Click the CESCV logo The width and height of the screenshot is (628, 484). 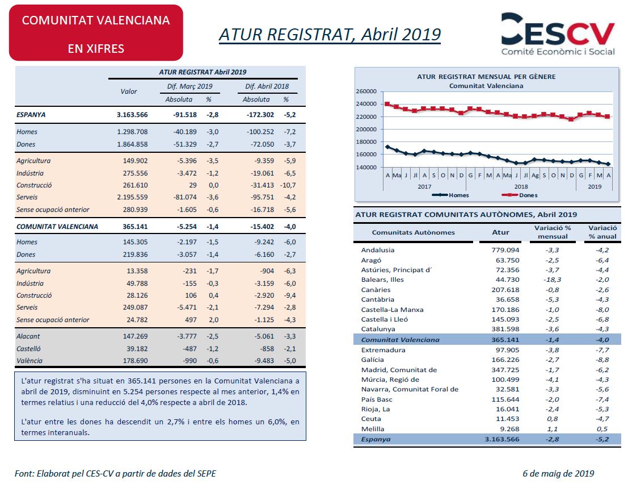[x=558, y=34]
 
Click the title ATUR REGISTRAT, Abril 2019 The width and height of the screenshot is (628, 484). [x=330, y=35]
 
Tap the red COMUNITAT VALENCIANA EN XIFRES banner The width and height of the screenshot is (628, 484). [x=96, y=33]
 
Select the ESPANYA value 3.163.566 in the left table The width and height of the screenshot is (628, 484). [x=132, y=115]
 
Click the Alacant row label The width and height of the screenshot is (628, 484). [x=28, y=336]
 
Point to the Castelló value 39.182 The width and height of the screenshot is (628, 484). [x=137, y=349]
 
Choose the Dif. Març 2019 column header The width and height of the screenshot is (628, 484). [x=189, y=86]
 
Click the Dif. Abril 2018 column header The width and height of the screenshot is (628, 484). [x=267, y=86]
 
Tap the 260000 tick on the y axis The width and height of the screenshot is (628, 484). [x=366, y=91]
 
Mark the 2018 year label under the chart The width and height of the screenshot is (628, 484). [x=521, y=186]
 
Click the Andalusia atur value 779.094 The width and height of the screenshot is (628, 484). [x=505, y=250]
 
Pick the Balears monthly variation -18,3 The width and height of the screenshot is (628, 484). [x=553, y=280]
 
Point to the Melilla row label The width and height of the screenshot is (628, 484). [x=373, y=429]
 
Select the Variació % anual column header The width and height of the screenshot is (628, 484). [x=602, y=232]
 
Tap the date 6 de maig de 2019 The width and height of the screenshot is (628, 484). [x=558, y=474]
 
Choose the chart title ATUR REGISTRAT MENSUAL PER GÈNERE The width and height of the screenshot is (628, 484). [x=486, y=77]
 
